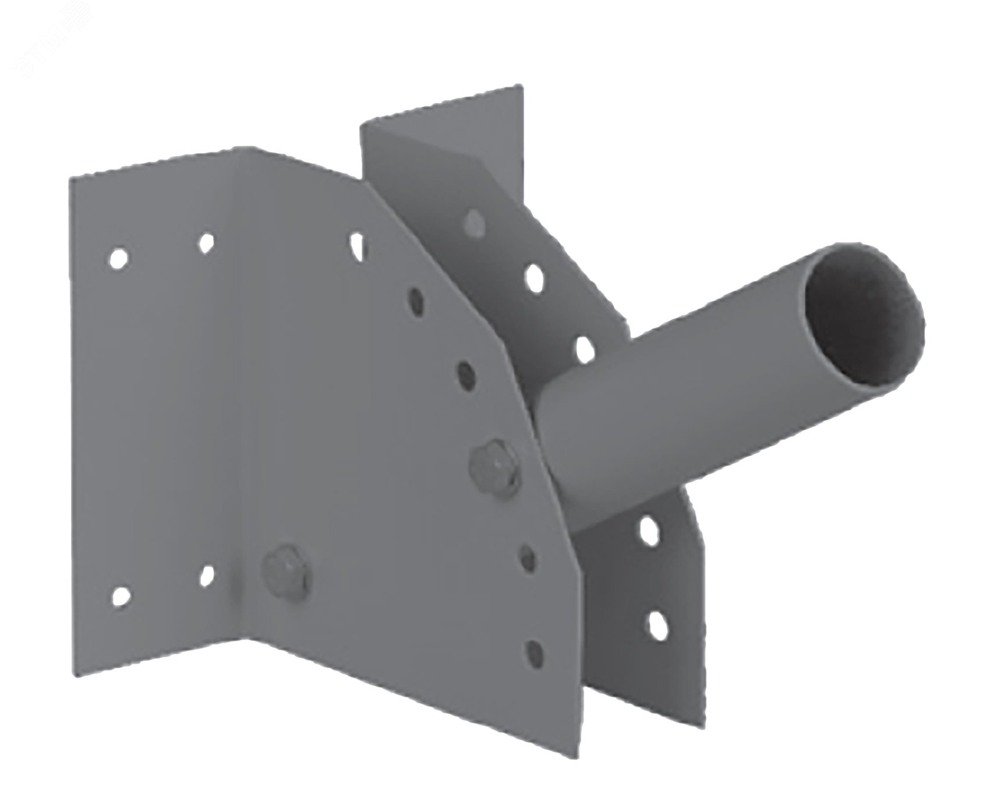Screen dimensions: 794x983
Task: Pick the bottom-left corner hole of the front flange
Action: [120, 595]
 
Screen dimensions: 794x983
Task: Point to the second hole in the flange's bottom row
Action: [206, 574]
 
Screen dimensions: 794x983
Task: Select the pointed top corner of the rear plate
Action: [517, 87]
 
